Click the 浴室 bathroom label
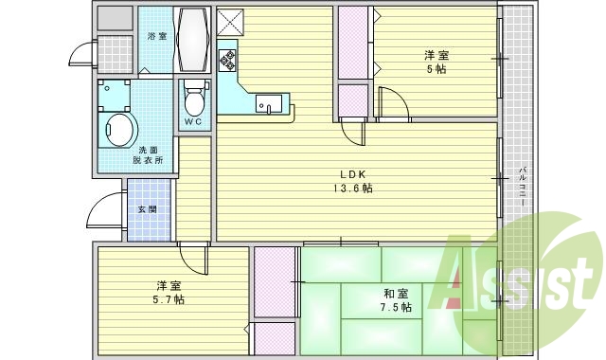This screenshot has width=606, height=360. pyautogui.click(x=156, y=36)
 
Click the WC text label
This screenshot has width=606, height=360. pyautogui.click(x=193, y=122)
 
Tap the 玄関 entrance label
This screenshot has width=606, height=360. pyautogui.click(x=148, y=208)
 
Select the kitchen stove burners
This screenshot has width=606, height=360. pyautogui.click(x=227, y=60)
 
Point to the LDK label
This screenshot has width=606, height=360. pyautogui.click(x=353, y=173)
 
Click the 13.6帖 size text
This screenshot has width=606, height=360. pyautogui.click(x=352, y=188)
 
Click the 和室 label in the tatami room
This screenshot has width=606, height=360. pyautogui.click(x=396, y=294)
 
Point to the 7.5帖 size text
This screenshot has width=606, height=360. pyautogui.click(x=397, y=308)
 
